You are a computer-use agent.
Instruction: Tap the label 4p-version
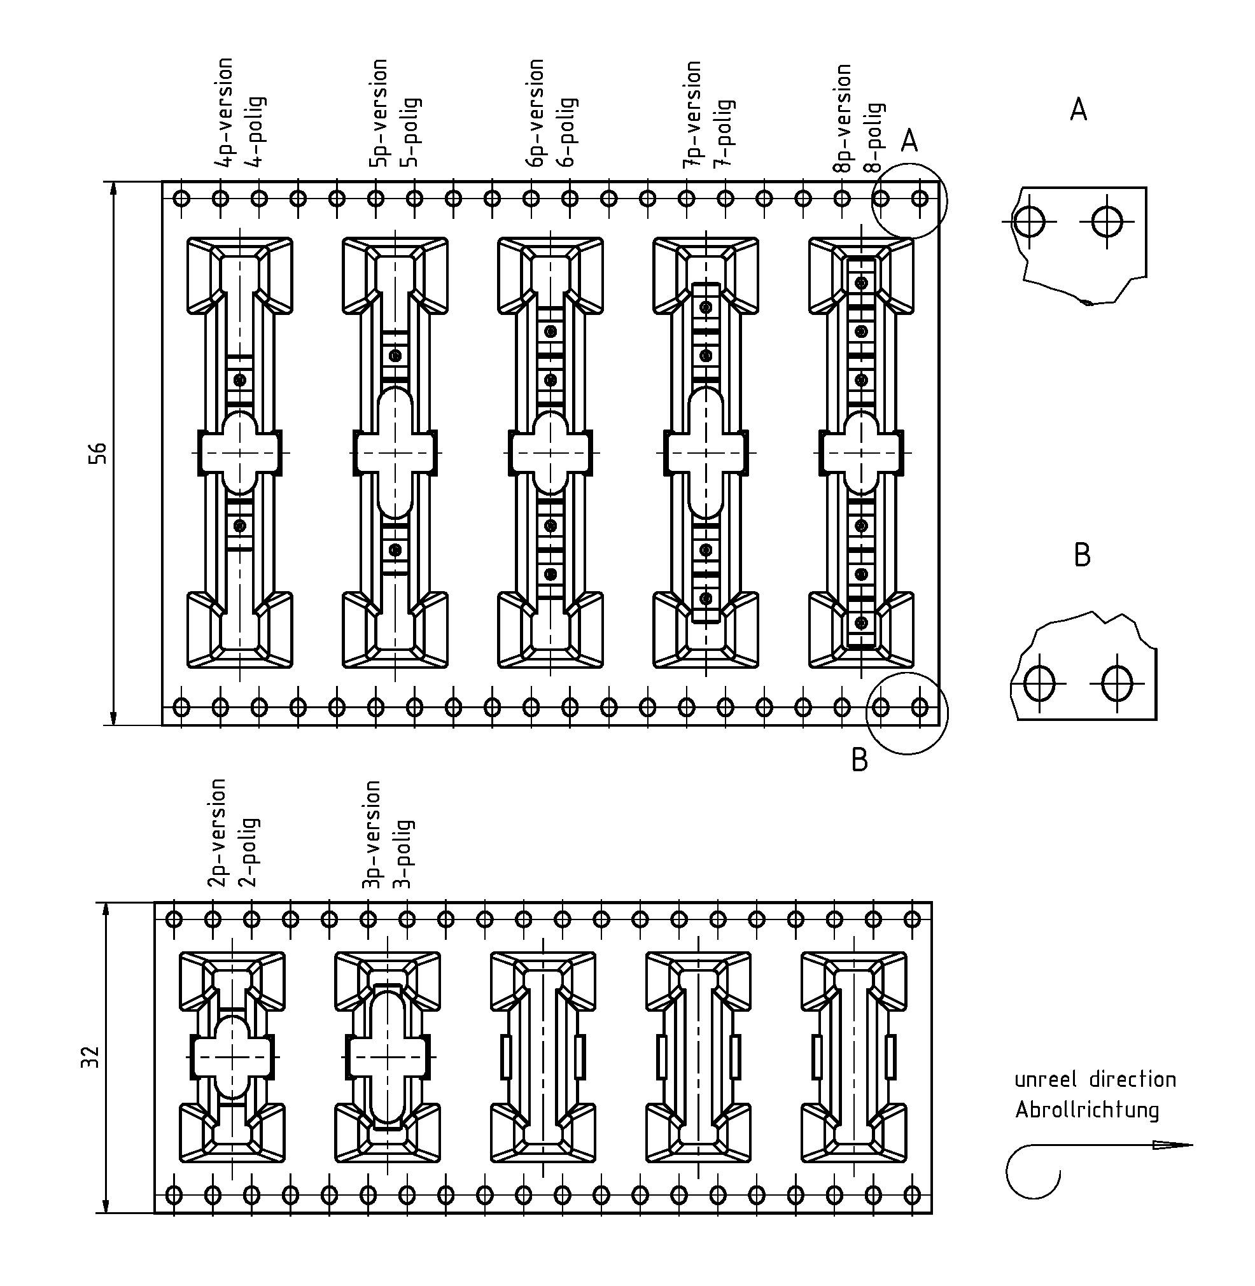pos(225,112)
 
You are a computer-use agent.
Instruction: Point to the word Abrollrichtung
pos(1086,1110)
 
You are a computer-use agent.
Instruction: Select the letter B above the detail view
pos(1082,555)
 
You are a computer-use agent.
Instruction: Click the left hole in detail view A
pos(1028,221)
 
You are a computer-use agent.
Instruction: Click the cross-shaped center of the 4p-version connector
pos(240,453)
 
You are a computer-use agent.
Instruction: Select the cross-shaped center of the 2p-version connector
pos(232,1057)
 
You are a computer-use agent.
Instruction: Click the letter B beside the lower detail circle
pos(860,760)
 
